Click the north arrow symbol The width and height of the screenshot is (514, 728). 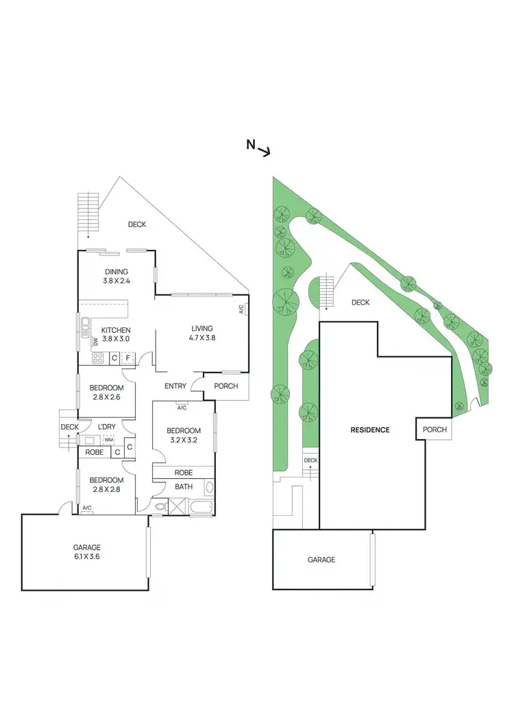(x=258, y=148)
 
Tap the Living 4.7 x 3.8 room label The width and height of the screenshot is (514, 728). (x=202, y=333)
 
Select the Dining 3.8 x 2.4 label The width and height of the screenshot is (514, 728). (x=116, y=276)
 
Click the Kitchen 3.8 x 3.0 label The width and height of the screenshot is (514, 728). (x=116, y=334)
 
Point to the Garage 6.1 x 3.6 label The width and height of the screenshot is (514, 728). (x=87, y=552)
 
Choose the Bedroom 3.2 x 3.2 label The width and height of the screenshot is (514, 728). (x=182, y=436)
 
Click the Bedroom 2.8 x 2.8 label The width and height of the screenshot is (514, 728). (x=106, y=484)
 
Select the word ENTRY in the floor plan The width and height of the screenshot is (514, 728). (x=175, y=386)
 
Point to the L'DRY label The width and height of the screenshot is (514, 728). (x=106, y=427)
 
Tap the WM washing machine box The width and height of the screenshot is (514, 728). (x=108, y=440)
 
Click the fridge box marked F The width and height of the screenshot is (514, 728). (x=127, y=357)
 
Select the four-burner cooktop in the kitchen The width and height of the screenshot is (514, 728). (x=98, y=357)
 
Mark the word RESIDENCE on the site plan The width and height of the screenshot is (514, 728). (x=370, y=430)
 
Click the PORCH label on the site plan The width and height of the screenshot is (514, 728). (x=435, y=430)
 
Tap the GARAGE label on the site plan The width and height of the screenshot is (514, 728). (x=321, y=560)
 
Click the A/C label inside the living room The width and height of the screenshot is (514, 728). (x=241, y=309)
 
